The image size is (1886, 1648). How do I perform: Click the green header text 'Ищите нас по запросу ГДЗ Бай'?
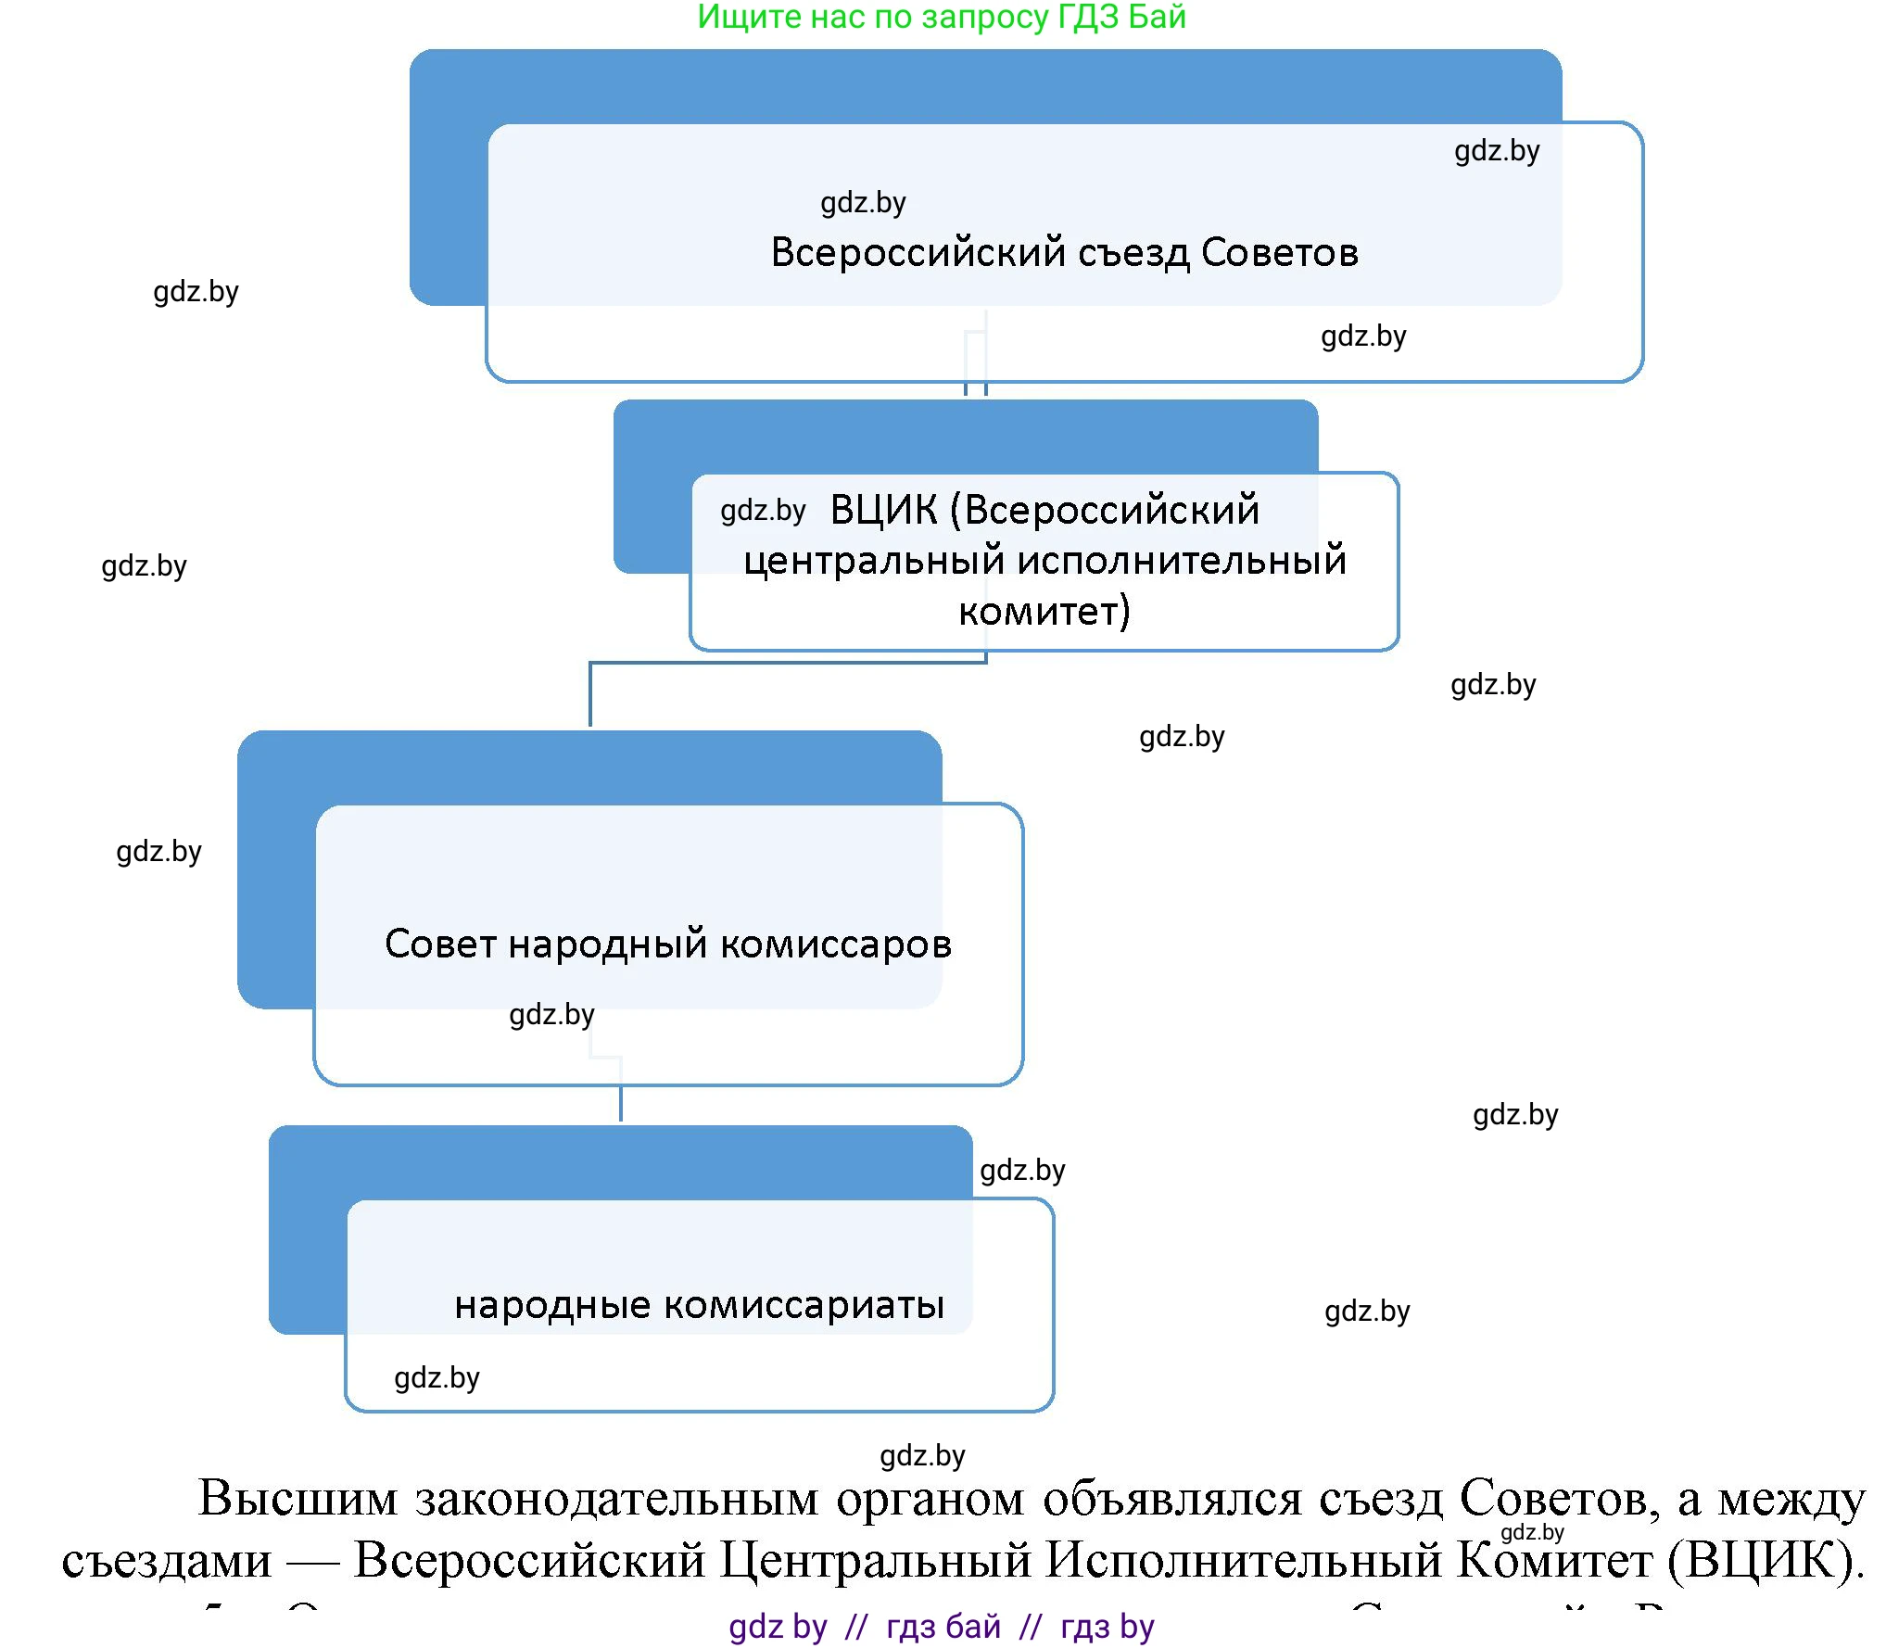pos(941,18)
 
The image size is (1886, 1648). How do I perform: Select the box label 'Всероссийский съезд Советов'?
pos(1064,252)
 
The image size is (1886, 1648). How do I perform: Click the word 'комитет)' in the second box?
pos(1044,612)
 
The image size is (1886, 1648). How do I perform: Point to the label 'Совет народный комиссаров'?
pos(667,944)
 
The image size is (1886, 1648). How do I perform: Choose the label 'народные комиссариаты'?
pos(699,1305)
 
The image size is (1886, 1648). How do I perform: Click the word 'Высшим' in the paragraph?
pos(297,1499)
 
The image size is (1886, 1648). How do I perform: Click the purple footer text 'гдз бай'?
pos(943,1627)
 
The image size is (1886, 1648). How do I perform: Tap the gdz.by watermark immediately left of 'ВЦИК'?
pos(763,511)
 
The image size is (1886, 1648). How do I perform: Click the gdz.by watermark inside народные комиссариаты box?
pos(437,1378)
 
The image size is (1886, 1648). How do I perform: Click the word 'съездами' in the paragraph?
pos(167,1561)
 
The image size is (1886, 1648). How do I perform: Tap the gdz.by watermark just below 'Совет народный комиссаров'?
pos(551,1015)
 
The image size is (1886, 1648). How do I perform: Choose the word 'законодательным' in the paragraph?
pos(616,1499)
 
